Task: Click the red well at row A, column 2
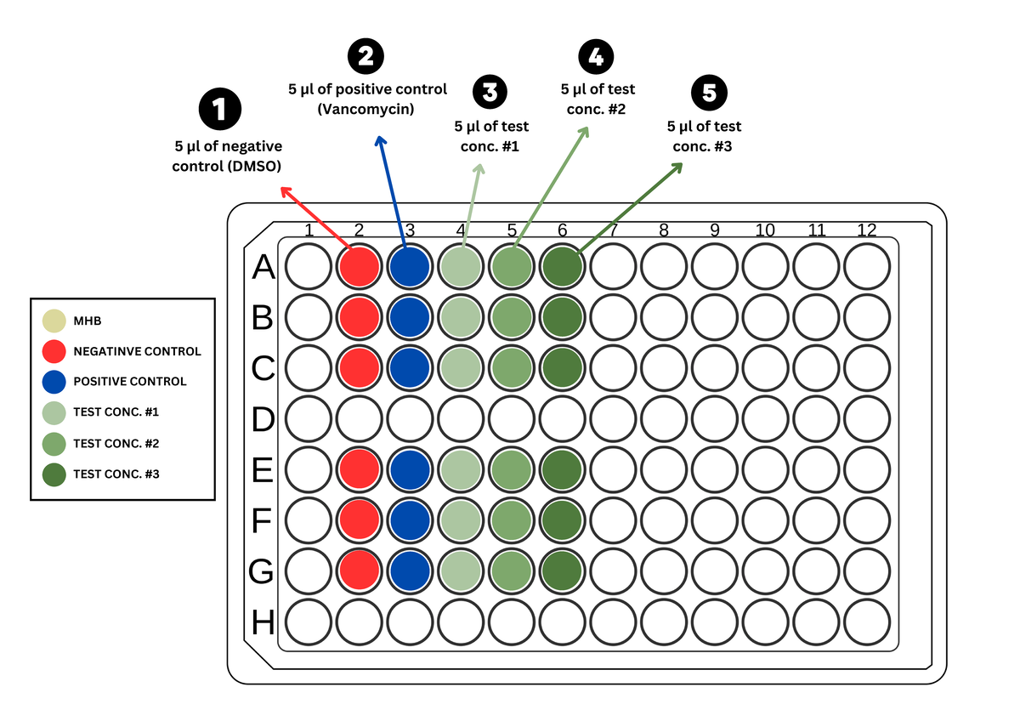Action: pyautogui.click(x=360, y=267)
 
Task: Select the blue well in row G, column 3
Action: pyautogui.click(x=411, y=571)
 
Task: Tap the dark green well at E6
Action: pyautogui.click(x=562, y=469)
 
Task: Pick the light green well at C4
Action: pyautogui.click(x=461, y=368)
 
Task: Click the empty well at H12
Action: pyautogui.click(x=866, y=622)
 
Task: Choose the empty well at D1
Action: pyautogui.click(x=309, y=418)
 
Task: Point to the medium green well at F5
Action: pyautogui.click(x=512, y=520)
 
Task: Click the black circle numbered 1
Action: pyautogui.click(x=219, y=111)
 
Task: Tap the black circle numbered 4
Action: pyautogui.click(x=595, y=57)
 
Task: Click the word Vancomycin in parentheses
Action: pyautogui.click(x=367, y=109)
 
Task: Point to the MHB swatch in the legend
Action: pyautogui.click(x=54, y=321)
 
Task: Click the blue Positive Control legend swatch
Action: pyautogui.click(x=54, y=381)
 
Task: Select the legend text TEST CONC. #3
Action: pyautogui.click(x=116, y=474)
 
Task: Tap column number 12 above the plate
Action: pyautogui.click(x=866, y=230)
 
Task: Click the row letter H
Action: pyautogui.click(x=263, y=623)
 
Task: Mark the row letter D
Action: pyautogui.click(x=263, y=420)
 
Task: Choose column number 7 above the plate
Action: pyautogui.click(x=613, y=230)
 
